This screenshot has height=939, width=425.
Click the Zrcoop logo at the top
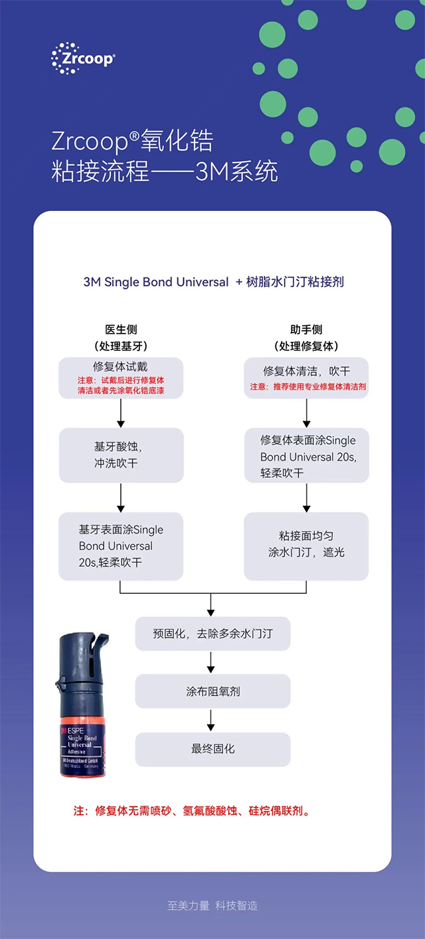[x=83, y=58]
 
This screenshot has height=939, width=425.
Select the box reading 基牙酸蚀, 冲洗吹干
[x=120, y=455]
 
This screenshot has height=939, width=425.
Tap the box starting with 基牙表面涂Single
[x=120, y=545]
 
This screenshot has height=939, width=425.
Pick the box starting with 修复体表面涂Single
[x=306, y=456]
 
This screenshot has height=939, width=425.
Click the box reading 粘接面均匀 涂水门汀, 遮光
[x=306, y=545]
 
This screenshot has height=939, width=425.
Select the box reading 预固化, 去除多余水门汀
[x=212, y=634]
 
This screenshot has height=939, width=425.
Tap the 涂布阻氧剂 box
[x=212, y=691]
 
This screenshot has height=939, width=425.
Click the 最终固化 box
[x=212, y=749]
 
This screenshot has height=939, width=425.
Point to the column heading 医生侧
[x=121, y=330]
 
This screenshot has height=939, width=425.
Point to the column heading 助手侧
[x=306, y=330]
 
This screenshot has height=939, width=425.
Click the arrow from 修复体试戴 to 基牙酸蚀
[x=120, y=413]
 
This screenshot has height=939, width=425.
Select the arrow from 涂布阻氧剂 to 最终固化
[x=211, y=720]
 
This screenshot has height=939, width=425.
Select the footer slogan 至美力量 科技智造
[x=212, y=905]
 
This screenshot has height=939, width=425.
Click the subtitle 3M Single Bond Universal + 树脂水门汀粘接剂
[x=213, y=282]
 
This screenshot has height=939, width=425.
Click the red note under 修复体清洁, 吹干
[x=307, y=387]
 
